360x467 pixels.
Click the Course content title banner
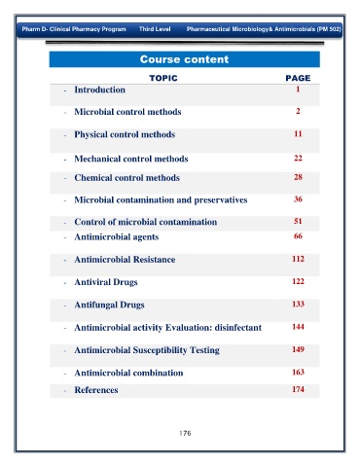184,59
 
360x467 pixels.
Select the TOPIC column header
163,78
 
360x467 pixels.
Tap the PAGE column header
298,78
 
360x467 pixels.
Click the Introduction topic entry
99,90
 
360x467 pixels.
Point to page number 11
298,133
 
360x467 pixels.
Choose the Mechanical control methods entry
131,159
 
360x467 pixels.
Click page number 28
298,177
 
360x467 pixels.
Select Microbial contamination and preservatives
161,200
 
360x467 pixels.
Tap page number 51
298,221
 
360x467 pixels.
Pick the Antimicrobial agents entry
117,237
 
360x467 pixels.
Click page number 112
298,259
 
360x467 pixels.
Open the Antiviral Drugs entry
106,282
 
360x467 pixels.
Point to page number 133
298,304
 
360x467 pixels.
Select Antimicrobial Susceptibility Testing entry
147,350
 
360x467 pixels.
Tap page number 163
298,372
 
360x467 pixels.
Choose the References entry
96,390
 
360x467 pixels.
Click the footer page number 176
185,433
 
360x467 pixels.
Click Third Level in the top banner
155,29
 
